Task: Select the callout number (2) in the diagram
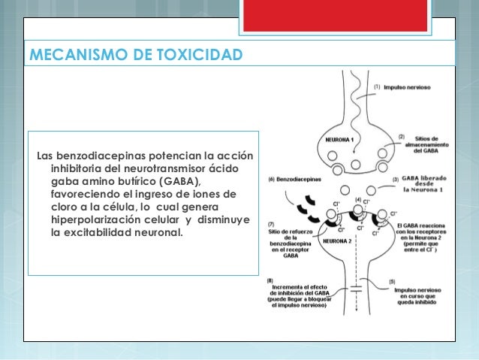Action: [x=402, y=137]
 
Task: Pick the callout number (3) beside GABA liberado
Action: [x=396, y=180]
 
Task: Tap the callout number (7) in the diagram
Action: [x=271, y=225]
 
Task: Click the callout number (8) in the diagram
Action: [x=271, y=281]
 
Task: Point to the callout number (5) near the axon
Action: [x=392, y=281]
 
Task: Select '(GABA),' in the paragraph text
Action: [x=173, y=181]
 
